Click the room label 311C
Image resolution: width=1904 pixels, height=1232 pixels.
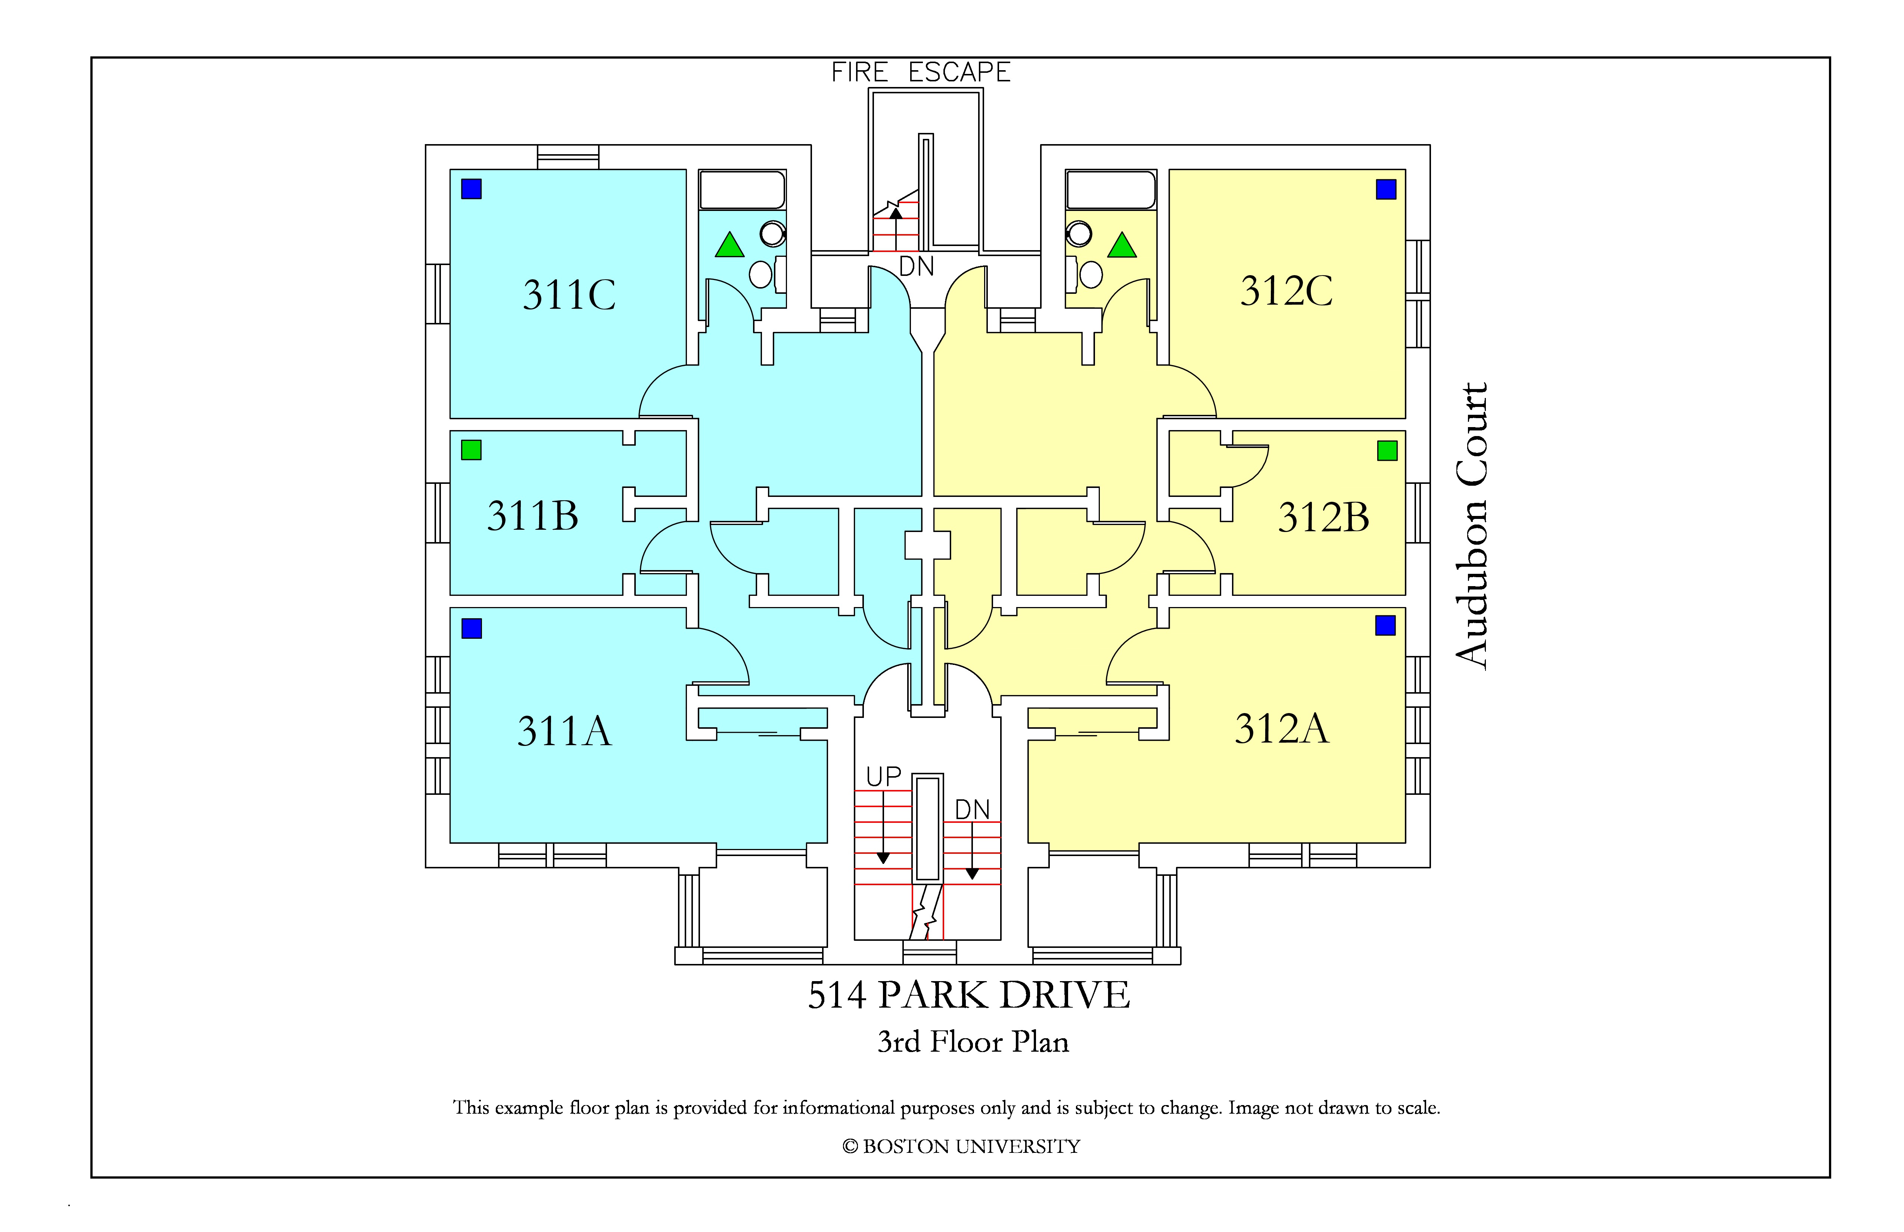point(570,295)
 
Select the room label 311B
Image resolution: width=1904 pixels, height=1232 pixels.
point(533,516)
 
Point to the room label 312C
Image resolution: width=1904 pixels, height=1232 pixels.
point(1287,290)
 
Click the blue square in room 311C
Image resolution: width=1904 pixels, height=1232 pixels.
point(471,189)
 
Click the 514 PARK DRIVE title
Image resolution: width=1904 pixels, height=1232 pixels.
point(969,995)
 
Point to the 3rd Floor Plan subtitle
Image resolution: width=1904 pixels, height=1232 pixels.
point(973,1042)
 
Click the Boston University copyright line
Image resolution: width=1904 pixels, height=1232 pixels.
point(961,1147)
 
